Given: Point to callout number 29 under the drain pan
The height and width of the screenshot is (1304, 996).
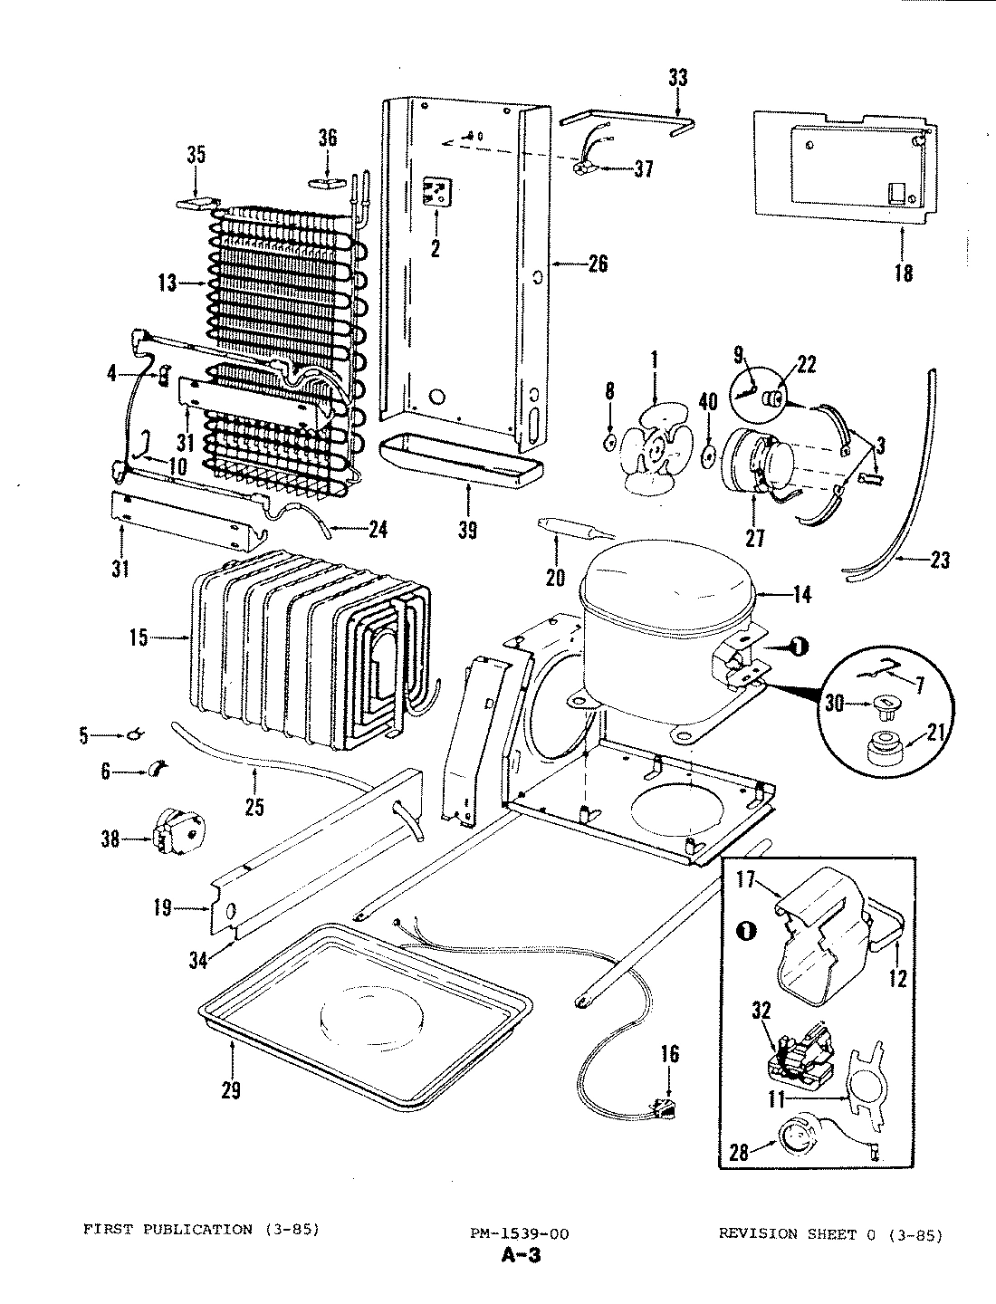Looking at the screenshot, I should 231,1090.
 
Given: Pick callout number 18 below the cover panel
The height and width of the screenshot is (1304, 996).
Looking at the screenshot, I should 903,272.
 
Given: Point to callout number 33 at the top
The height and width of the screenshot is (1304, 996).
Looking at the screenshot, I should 677,79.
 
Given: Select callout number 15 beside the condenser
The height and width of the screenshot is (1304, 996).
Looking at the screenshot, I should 139,638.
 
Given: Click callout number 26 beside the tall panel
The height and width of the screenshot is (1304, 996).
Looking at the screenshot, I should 597,264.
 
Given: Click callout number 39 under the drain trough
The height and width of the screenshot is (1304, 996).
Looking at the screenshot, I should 467,529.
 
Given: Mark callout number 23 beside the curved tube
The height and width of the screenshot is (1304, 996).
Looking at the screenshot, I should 939,561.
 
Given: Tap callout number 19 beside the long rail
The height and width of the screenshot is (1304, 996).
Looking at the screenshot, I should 163,907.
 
